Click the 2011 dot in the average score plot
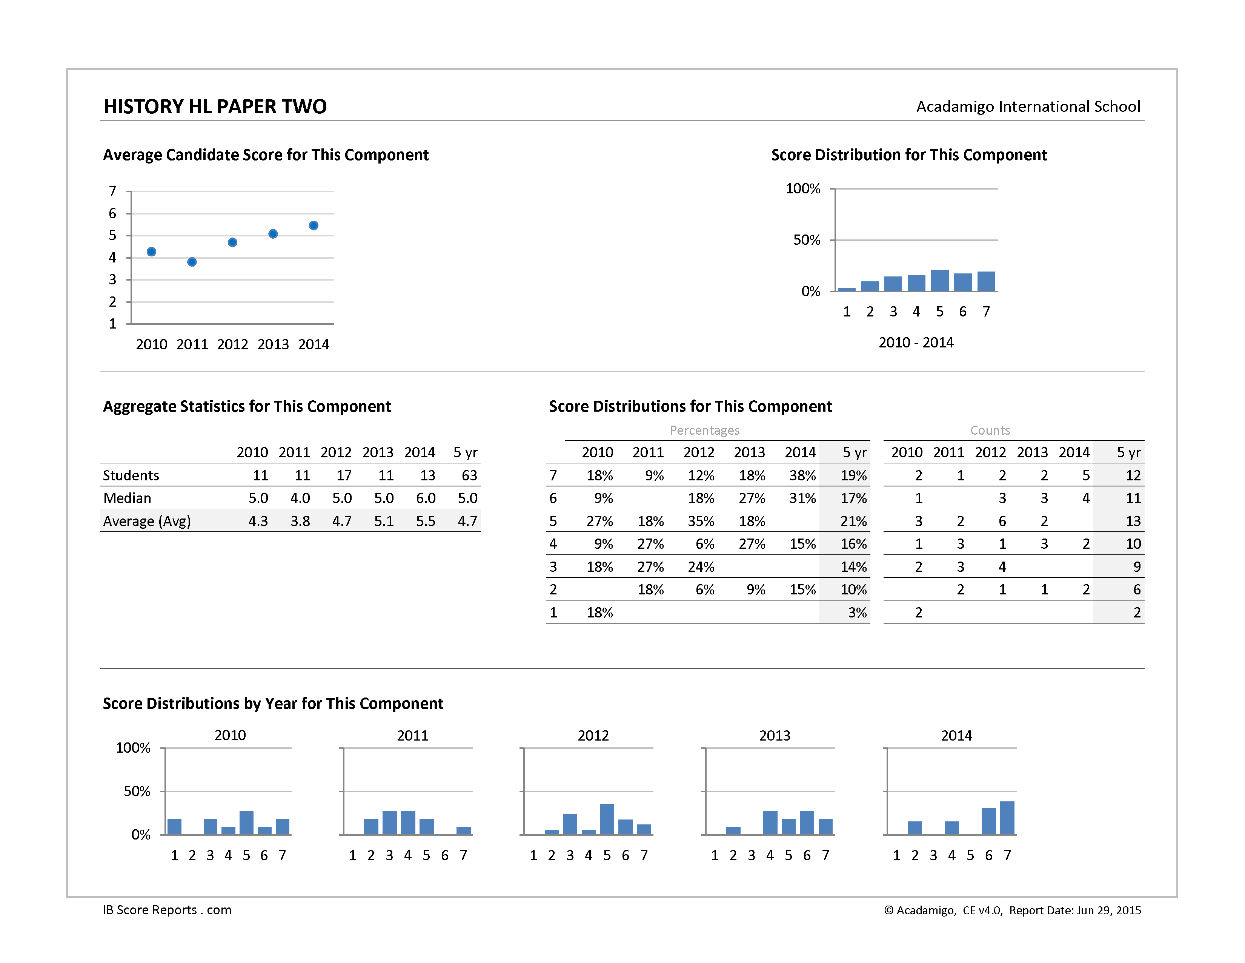point(192,262)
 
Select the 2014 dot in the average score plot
point(314,225)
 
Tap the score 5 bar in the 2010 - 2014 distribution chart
point(939,280)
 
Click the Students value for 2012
point(344,475)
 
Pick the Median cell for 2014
point(426,498)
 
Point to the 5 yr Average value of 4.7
point(467,521)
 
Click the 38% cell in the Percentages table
point(802,475)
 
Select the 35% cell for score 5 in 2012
point(701,521)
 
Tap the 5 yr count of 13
point(1133,521)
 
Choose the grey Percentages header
point(705,430)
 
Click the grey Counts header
point(990,430)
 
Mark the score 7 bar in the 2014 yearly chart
point(1007,818)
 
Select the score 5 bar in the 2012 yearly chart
point(607,819)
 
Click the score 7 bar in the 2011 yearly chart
point(463,831)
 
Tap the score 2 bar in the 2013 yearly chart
point(733,831)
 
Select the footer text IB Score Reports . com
point(167,910)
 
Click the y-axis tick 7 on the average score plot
point(113,191)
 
